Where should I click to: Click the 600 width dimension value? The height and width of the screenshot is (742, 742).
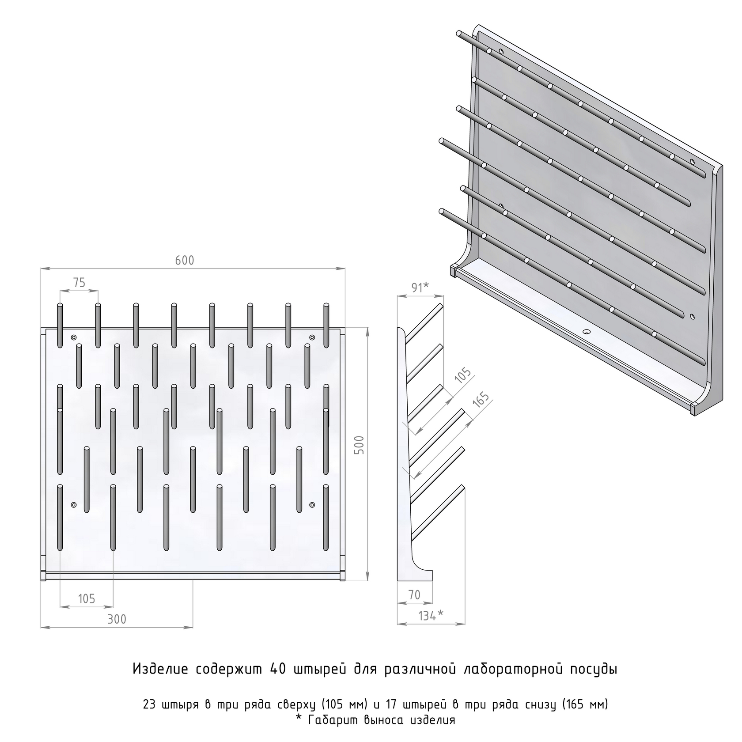click(x=185, y=261)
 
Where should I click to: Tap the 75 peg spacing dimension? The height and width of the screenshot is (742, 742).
click(x=79, y=283)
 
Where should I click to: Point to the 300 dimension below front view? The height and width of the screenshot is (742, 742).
click(x=117, y=619)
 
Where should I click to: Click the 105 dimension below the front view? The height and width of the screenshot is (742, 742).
click(x=87, y=598)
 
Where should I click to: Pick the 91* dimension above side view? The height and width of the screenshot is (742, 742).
click(x=420, y=287)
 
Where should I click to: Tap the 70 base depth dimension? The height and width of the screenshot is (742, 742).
click(x=414, y=595)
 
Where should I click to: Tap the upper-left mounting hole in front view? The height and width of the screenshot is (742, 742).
click(x=74, y=337)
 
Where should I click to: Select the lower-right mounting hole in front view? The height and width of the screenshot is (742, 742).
click(x=312, y=504)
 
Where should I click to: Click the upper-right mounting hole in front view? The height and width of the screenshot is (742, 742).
click(x=312, y=337)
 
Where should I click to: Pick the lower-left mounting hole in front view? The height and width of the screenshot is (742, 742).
click(x=74, y=504)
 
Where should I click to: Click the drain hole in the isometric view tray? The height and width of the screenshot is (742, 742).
click(x=587, y=332)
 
